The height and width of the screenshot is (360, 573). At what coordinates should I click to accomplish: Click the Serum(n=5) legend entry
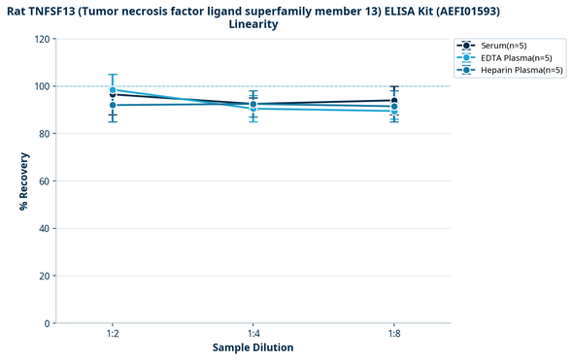502,46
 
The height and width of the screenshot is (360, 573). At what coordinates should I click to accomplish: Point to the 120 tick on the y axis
42,40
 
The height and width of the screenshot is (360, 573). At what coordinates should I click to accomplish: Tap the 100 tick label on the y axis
42,86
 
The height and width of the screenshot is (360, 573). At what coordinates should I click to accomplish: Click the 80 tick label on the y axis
44,134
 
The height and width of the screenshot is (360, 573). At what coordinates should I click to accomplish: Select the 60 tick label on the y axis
44,181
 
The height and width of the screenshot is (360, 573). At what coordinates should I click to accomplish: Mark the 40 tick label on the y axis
44,229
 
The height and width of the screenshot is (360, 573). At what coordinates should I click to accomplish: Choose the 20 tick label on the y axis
44,277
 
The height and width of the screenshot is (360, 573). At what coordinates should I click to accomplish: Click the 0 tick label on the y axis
47,323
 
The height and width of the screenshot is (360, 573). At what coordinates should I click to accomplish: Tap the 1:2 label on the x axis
113,334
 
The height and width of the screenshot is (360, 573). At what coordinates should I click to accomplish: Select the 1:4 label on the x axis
253,334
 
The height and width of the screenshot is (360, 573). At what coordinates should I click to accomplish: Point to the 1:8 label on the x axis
393,334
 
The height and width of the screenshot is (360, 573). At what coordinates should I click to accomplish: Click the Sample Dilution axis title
253,347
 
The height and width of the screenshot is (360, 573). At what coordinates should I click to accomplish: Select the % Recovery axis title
23,180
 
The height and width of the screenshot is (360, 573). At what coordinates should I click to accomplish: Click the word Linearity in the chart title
253,24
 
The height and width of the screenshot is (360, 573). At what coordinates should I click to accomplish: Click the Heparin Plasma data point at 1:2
113,105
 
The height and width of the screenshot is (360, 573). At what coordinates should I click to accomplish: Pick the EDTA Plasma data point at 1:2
113,90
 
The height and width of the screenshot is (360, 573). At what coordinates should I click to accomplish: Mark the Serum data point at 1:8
393,101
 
